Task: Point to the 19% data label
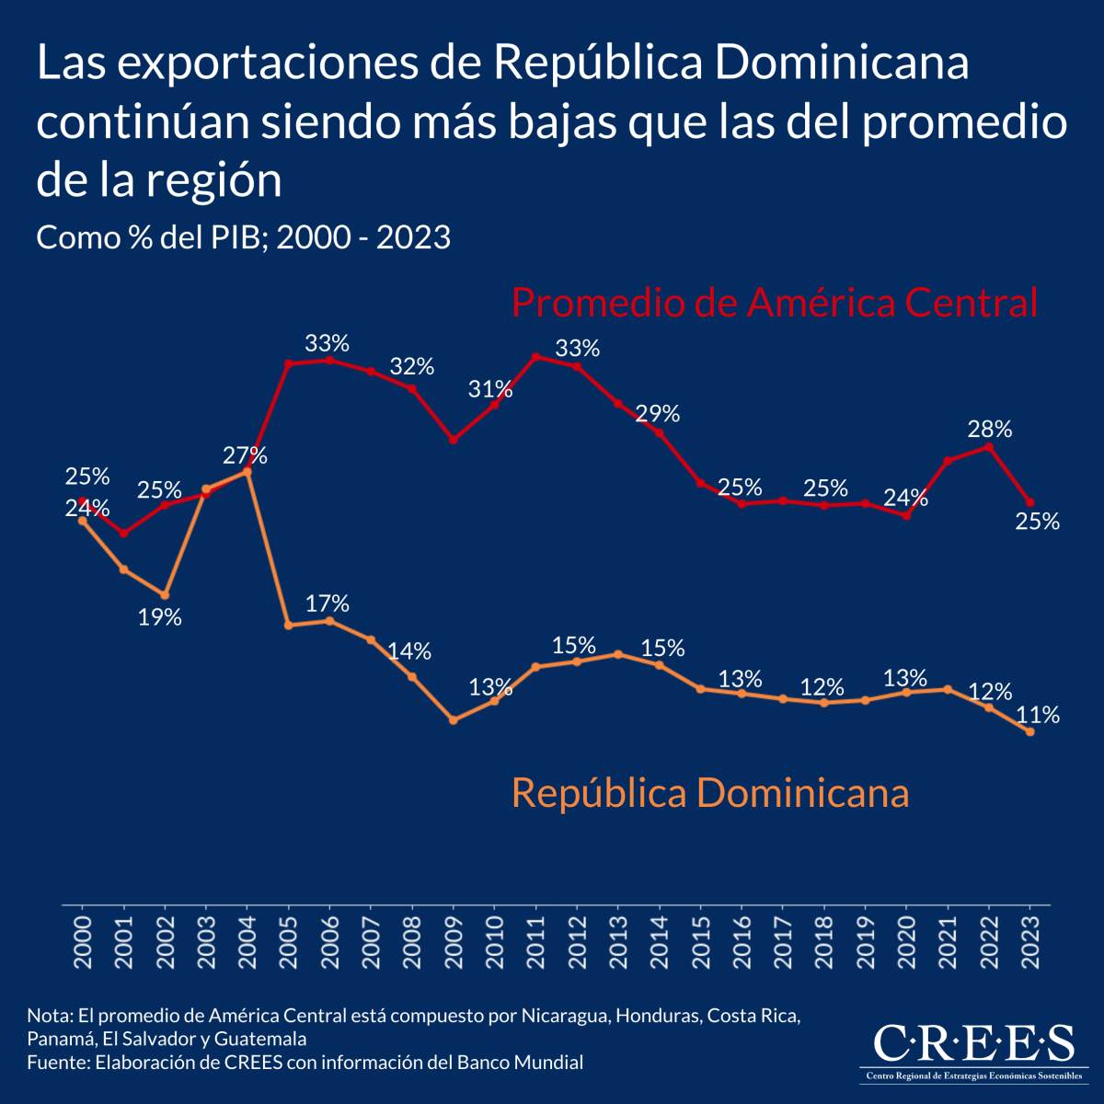click(x=160, y=617)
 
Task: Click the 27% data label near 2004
click(x=245, y=455)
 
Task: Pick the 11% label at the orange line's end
click(x=1038, y=715)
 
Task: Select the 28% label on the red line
click(x=990, y=429)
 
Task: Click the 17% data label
click(x=328, y=604)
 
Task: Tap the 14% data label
click(x=409, y=651)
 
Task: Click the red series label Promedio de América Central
click(x=774, y=303)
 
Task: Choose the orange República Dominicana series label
click(x=710, y=792)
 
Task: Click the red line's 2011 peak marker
click(x=535, y=356)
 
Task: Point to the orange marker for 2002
click(x=165, y=595)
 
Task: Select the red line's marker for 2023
click(x=1029, y=502)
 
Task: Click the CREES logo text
click(x=972, y=1043)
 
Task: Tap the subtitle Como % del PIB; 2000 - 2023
click(x=243, y=237)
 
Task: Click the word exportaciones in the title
click(x=296, y=63)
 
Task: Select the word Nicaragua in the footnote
click(x=564, y=1017)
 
